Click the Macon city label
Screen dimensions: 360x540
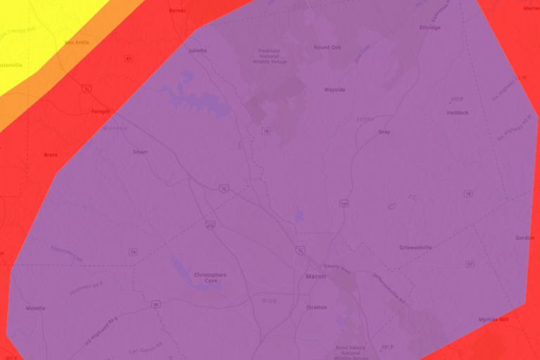(316, 276)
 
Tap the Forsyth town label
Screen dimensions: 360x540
(101, 112)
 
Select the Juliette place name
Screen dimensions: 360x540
(198, 51)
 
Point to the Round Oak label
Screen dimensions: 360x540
(327, 47)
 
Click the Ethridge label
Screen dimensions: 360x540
(430, 27)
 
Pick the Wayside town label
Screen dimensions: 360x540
(334, 90)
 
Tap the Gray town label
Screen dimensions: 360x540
(384, 131)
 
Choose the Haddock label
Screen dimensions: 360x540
(457, 112)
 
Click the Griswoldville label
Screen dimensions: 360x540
(416, 247)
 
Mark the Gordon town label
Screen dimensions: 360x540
(525, 238)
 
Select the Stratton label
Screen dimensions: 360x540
(317, 307)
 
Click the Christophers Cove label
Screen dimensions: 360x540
(210, 277)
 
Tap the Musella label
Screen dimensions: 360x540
(35, 308)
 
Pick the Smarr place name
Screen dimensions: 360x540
(140, 152)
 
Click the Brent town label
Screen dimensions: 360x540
(51, 155)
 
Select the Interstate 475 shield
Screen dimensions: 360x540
(210, 225)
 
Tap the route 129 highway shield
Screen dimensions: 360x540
(344, 203)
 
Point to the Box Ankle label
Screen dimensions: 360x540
(78, 42)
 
